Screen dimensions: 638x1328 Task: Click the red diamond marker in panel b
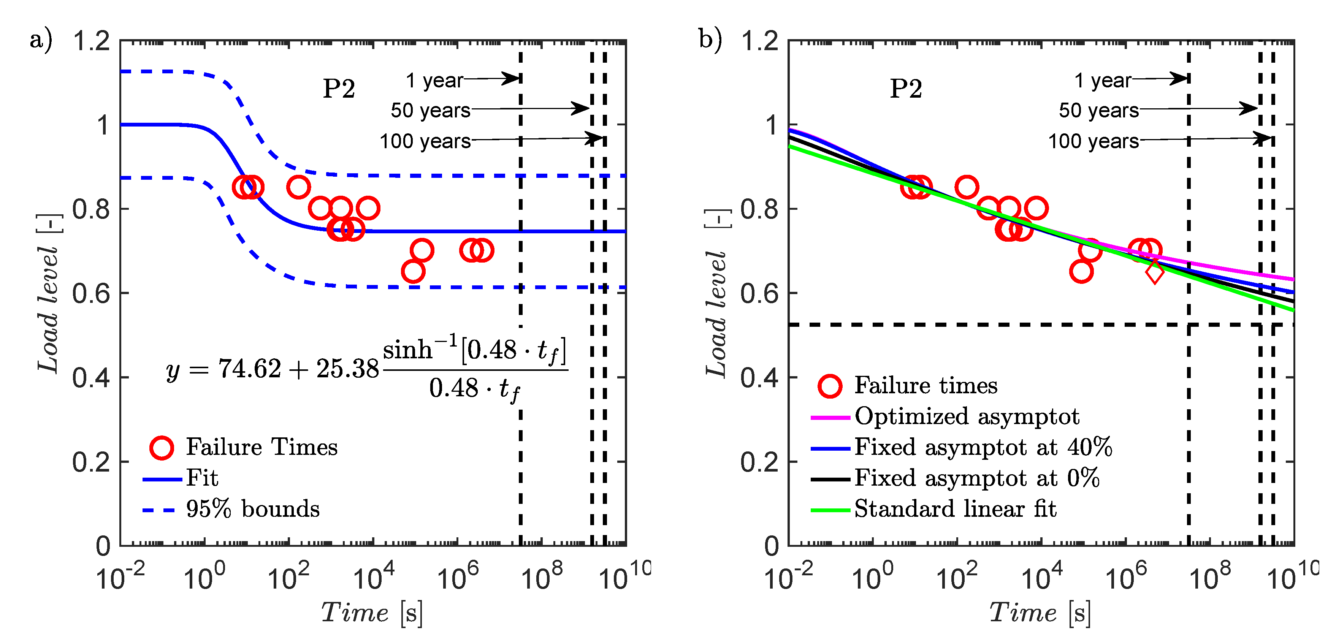(x=1154, y=272)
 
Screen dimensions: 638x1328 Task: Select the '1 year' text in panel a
(x=434, y=81)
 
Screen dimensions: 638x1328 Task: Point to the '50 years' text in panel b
(x=1098, y=110)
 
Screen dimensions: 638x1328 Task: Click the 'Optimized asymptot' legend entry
(x=967, y=416)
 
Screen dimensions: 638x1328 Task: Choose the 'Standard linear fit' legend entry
(x=955, y=509)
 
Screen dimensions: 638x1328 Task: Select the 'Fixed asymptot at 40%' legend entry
(x=983, y=447)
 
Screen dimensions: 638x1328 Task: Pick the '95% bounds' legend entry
(x=253, y=509)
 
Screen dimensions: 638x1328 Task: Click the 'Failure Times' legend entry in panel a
(x=261, y=447)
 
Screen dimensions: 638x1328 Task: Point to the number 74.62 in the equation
(x=249, y=369)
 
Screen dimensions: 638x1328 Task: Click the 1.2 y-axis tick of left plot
(x=91, y=41)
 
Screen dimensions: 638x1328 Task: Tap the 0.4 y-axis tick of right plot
(x=759, y=378)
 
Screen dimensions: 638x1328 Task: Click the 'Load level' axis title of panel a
(x=48, y=294)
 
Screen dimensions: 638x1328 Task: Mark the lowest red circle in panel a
(x=413, y=272)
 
